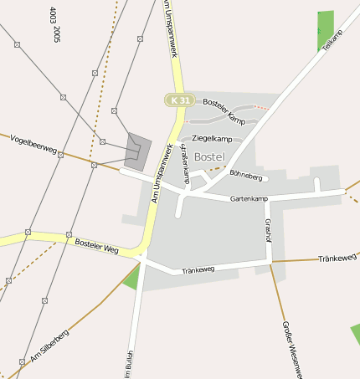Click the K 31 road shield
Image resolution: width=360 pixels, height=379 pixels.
coord(177,100)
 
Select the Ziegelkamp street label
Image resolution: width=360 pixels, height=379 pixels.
coord(211,138)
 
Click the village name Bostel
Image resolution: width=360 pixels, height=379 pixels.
coord(208,156)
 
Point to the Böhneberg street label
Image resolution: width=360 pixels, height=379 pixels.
coord(245,177)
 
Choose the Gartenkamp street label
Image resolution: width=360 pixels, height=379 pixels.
coord(249,198)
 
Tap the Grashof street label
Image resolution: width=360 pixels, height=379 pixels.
coord(268,230)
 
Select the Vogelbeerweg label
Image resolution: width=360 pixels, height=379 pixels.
coord(33,143)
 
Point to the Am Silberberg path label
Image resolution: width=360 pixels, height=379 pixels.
coord(49,347)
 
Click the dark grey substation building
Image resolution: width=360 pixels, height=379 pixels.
coord(138,150)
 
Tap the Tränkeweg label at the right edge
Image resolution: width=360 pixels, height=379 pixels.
coord(337,259)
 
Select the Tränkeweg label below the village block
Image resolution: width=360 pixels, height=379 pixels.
coord(198,269)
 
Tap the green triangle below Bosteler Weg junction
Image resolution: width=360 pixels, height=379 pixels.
coord(131,279)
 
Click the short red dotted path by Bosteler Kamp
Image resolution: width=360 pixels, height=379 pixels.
coord(262,106)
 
